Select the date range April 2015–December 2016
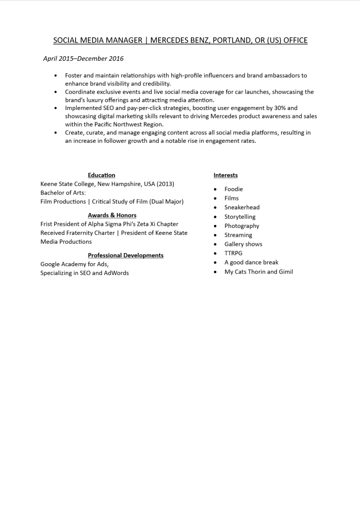pos(83,59)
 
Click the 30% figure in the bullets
pos(281,108)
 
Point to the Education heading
pos(102,175)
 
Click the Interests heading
pos(226,175)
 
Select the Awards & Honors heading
pos(112,215)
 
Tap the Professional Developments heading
pos(125,255)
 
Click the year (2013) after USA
pos(165,184)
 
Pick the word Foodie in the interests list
pos(234,189)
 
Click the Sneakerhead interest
pos(242,207)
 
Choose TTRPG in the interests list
pos(234,253)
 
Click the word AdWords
pos(117,273)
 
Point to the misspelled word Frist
pos(48,224)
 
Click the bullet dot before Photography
pos(215,226)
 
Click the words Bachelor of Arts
pos(63,193)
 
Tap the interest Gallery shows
pos(243,244)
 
